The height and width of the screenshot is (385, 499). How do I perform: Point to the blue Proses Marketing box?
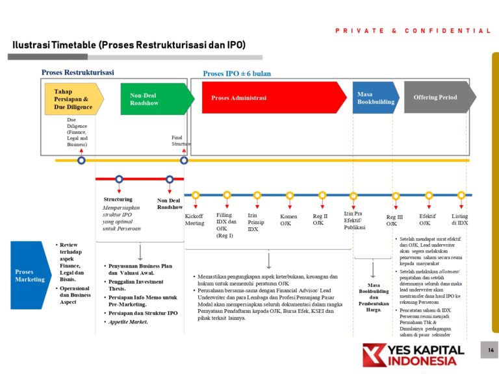click(30, 275)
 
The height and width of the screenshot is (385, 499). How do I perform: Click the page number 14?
click(491, 351)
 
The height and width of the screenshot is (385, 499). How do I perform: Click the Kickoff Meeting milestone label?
click(194, 219)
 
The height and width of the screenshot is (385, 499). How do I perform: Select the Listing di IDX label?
click(459, 219)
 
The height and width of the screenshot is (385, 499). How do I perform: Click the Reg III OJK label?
click(394, 221)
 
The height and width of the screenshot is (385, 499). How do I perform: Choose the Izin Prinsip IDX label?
click(256, 222)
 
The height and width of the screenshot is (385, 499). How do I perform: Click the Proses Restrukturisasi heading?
click(77, 73)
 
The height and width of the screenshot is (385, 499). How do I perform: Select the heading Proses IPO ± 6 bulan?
click(237, 74)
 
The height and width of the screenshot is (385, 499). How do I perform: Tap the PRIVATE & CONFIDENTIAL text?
click(413, 31)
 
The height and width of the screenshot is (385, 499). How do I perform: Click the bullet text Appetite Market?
click(128, 322)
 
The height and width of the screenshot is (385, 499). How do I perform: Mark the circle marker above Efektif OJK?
click(429, 195)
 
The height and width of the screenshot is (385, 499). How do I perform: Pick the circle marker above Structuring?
click(119, 179)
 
